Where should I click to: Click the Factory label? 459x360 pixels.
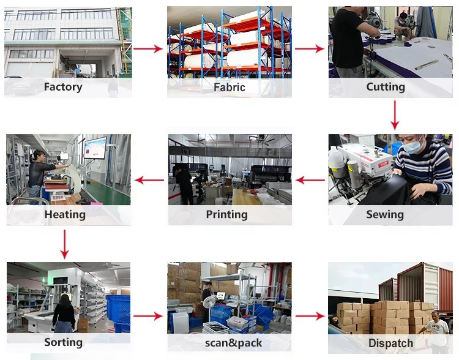(62, 87)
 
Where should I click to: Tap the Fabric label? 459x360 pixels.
(229, 87)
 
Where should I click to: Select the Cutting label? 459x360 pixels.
(385, 87)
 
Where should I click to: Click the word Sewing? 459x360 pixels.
(384, 214)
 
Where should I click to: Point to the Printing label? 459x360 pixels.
(226, 214)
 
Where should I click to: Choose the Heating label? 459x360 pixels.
(64, 214)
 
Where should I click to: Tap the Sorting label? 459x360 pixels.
(63, 342)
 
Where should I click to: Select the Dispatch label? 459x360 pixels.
(390, 343)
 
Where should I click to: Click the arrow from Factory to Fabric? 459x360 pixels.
(148, 48)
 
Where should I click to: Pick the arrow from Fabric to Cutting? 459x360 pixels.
(310, 48)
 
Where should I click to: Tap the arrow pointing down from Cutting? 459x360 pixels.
(395, 114)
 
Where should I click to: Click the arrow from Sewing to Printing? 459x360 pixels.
(310, 180)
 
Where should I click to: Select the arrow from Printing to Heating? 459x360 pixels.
(149, 180)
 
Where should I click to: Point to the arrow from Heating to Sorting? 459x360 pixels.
(65, 244)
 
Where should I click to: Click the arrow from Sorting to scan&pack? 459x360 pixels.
(148, 316)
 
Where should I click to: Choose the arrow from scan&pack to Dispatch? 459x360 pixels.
(310, 316)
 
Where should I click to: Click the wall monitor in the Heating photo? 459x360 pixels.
(95, 148)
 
